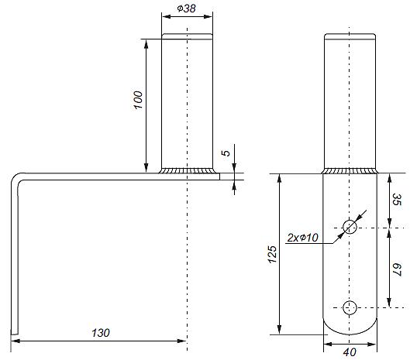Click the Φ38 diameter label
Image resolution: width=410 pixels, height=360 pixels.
186,8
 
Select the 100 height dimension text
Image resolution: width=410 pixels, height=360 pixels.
138,100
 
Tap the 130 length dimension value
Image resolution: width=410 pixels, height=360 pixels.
101,333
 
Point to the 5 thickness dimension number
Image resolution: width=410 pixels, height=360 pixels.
226,153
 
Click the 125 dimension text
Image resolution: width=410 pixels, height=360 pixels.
272,254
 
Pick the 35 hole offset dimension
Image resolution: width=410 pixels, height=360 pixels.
396,199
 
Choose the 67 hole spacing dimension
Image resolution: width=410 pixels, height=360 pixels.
396,269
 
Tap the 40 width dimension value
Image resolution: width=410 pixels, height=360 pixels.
350,352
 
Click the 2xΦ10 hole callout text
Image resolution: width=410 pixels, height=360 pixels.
302,238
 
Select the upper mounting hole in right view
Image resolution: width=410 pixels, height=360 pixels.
350,227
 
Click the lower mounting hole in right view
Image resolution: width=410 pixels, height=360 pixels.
350,308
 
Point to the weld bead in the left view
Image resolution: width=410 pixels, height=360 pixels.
188,170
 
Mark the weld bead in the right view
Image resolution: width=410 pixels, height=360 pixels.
350,171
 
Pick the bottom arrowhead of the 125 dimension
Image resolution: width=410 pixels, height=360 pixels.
280,330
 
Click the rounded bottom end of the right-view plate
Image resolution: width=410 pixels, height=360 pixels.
350,331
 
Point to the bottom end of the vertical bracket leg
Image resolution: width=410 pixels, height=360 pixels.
15,334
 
